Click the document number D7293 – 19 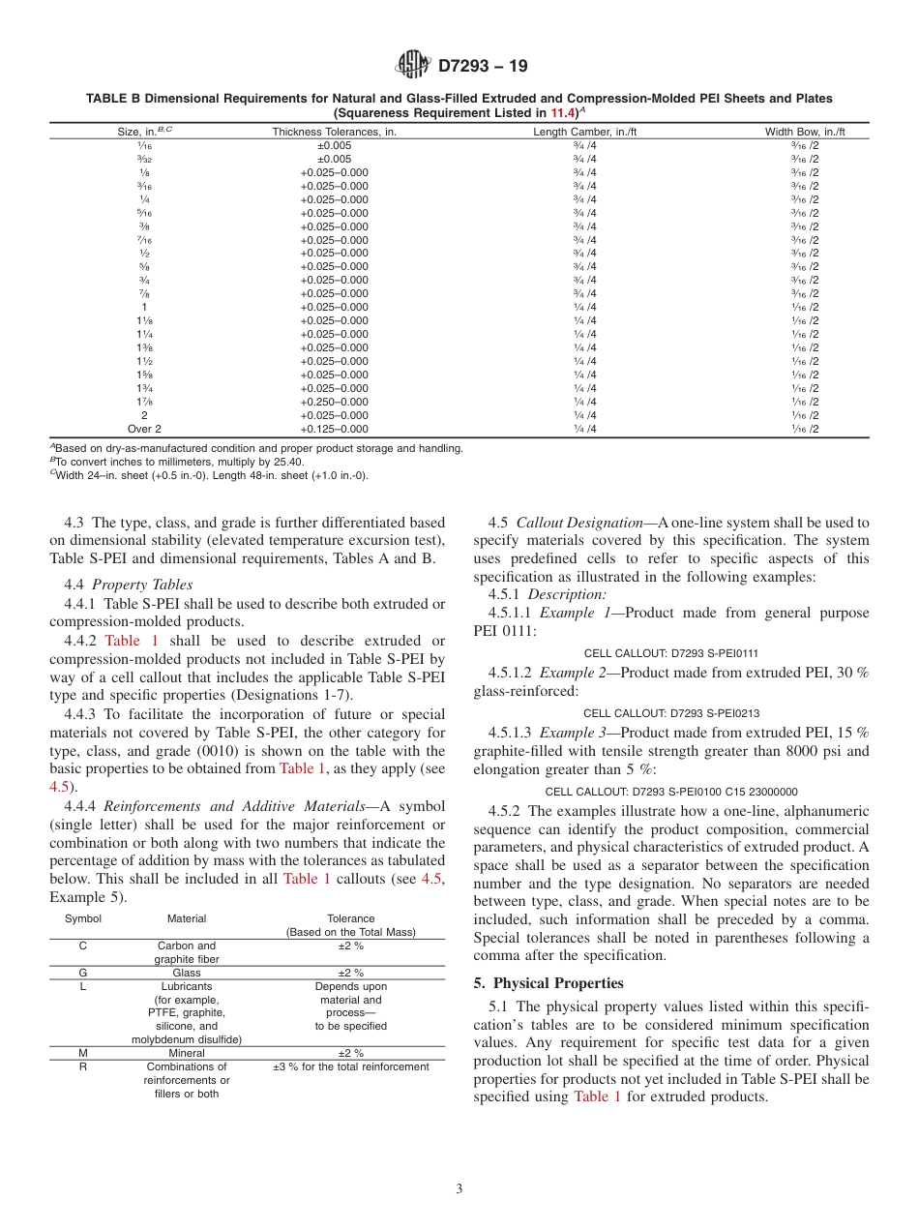483,67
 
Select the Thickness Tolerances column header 334,132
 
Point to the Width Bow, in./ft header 805,132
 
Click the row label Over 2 144,429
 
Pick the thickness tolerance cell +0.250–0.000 334,402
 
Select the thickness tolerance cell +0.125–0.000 334,429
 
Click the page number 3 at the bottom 459,1189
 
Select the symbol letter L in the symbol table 83,986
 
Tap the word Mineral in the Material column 187,1053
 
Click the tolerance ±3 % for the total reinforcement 350,1066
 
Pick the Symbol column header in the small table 83,918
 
